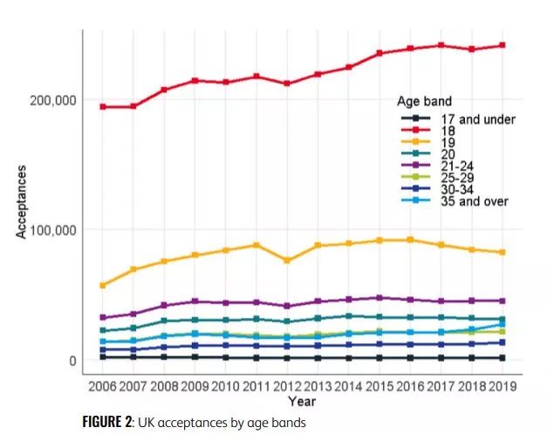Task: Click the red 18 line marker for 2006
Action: coord(102,106)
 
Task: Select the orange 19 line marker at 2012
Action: coord(288,261)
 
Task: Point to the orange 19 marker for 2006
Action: coord(102,285)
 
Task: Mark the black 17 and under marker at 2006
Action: coord(102,357)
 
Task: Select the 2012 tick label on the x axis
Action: coord(288,386)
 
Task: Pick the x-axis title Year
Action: coord(302,402)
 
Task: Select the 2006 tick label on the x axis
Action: coord(102,386)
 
